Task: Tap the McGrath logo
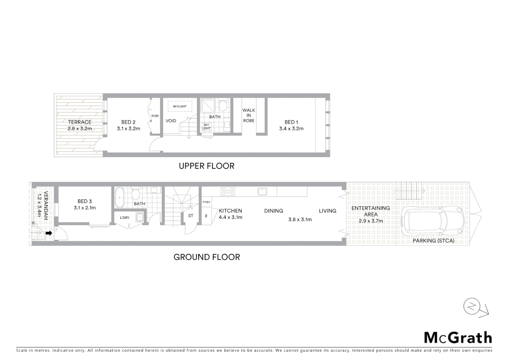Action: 458,338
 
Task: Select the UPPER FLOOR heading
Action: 207,166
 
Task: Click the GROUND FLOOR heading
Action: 207,257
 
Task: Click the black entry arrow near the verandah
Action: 49,233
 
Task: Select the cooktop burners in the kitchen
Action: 228,191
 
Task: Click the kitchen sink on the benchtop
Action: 262,191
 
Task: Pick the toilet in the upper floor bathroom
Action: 223,105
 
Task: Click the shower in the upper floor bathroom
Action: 208,106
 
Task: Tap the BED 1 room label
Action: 291,122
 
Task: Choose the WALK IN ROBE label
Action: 249,115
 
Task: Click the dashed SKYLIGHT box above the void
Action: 180,106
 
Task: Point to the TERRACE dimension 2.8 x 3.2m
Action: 80,129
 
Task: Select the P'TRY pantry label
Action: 207,202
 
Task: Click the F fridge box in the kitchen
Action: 207,216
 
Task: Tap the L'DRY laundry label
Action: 125,218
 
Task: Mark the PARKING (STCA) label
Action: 433,241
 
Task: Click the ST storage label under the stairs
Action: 191,216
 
